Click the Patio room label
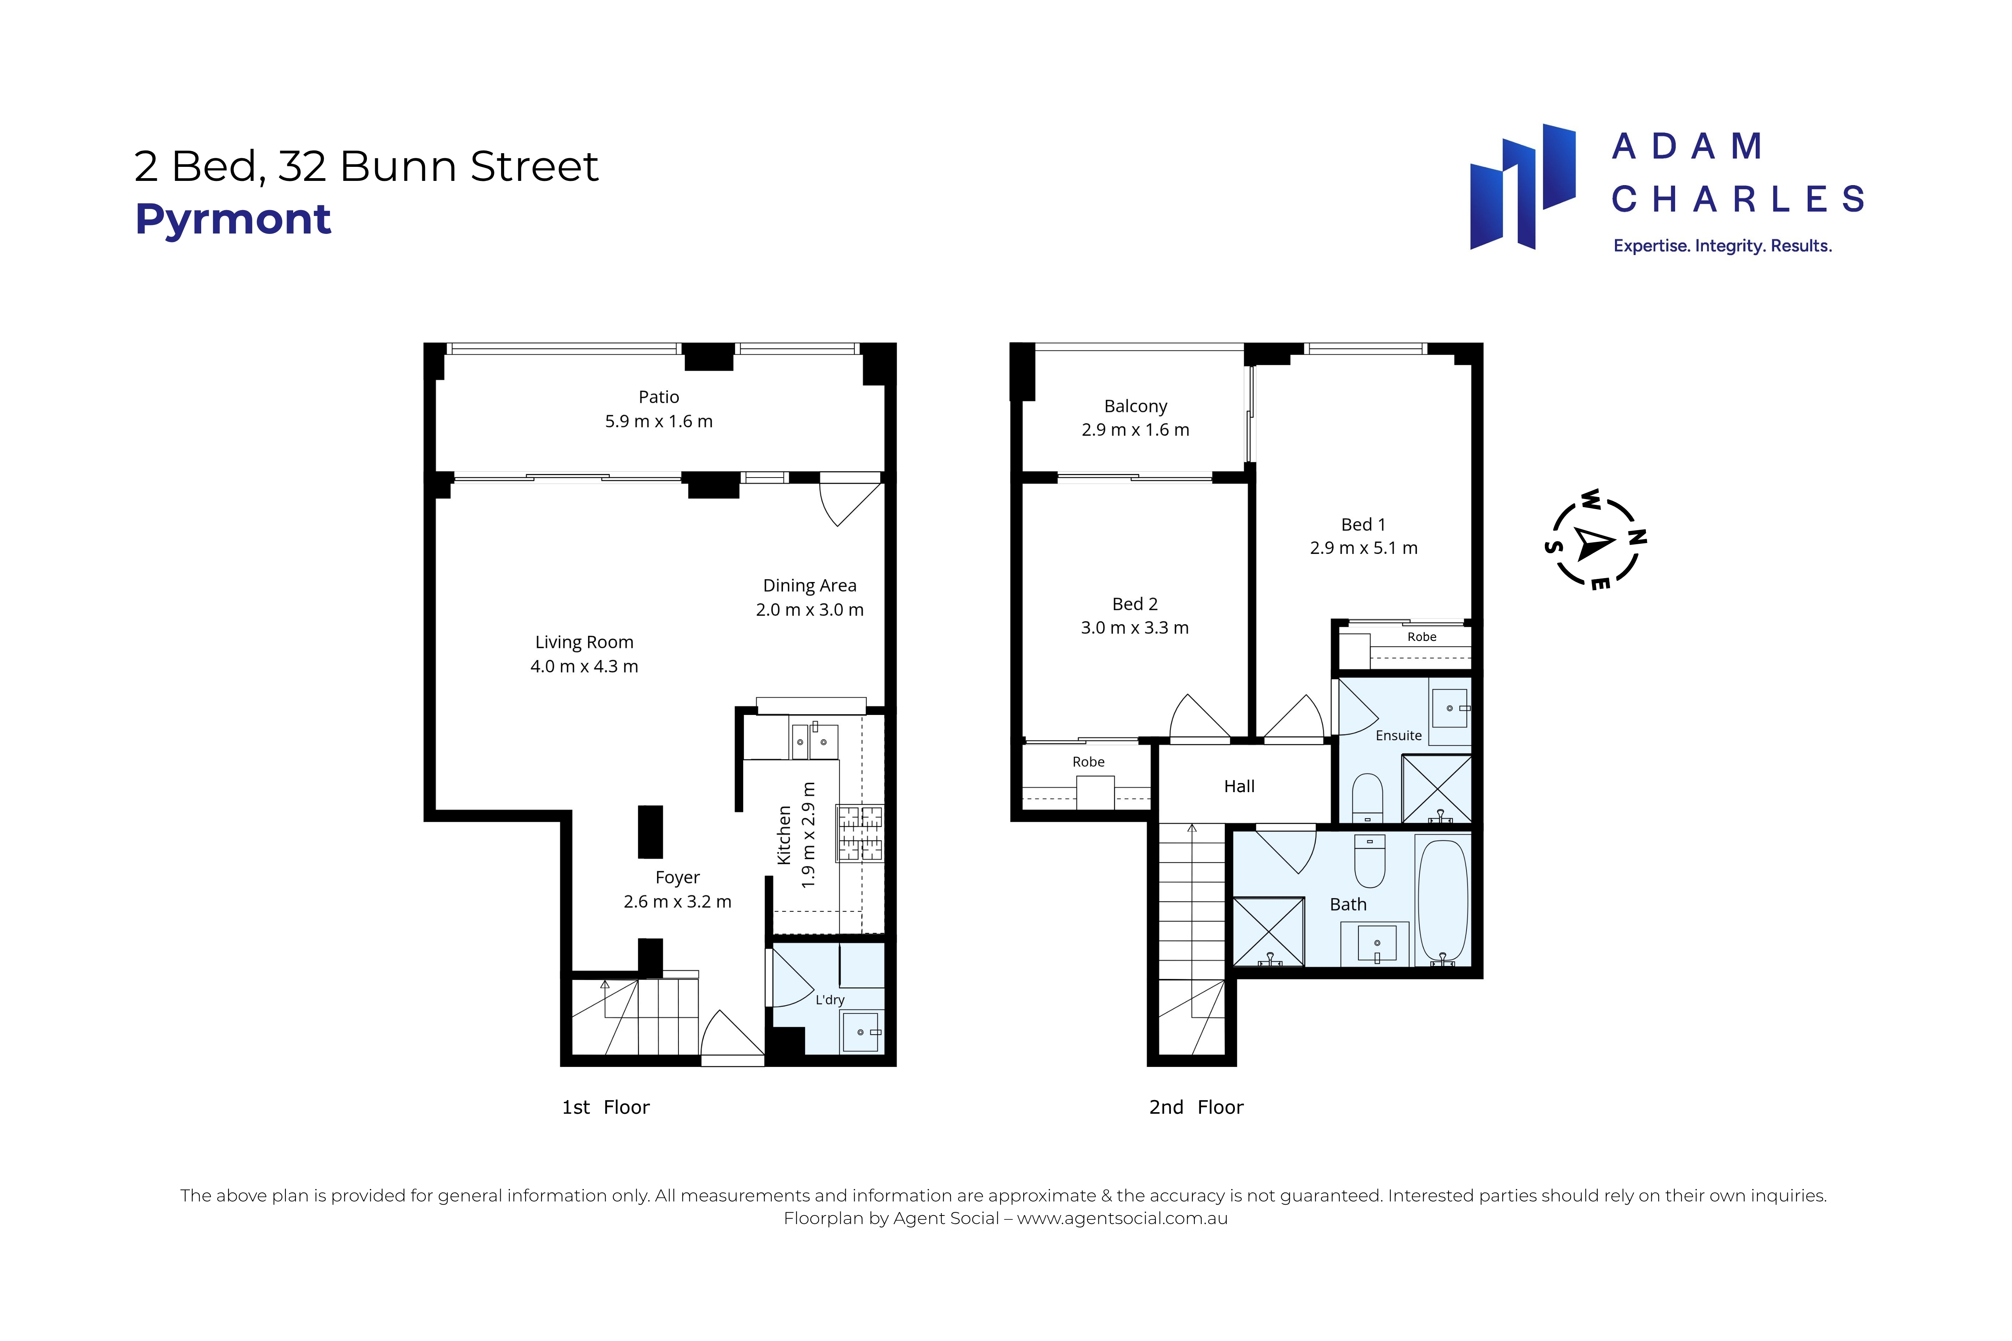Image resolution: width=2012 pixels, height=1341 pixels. coord(659,397)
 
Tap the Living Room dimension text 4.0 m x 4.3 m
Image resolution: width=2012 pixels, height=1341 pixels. coord(584,666)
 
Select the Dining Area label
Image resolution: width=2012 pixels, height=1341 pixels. coord(809,586)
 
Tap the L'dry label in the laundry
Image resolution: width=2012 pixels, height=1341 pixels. coord(830,1000)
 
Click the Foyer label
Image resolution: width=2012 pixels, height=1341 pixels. coord(678,877)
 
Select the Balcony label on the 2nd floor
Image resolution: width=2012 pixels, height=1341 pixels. coord(1135,406)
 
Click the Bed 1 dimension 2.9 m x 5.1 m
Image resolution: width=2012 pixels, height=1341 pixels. coord(1364,548)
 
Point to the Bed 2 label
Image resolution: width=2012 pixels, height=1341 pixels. coord(1134,604)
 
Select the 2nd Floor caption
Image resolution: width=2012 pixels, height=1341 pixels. coord(1196,1107)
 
